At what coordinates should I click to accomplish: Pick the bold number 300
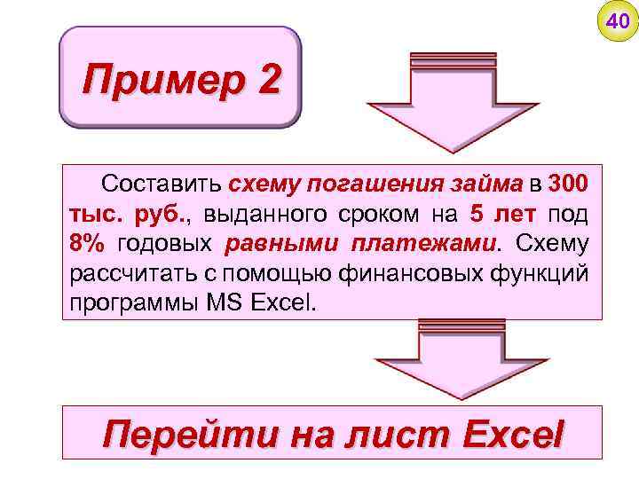(x=568, y=185)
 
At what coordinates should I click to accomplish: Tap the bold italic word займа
(x=487, y=185)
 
